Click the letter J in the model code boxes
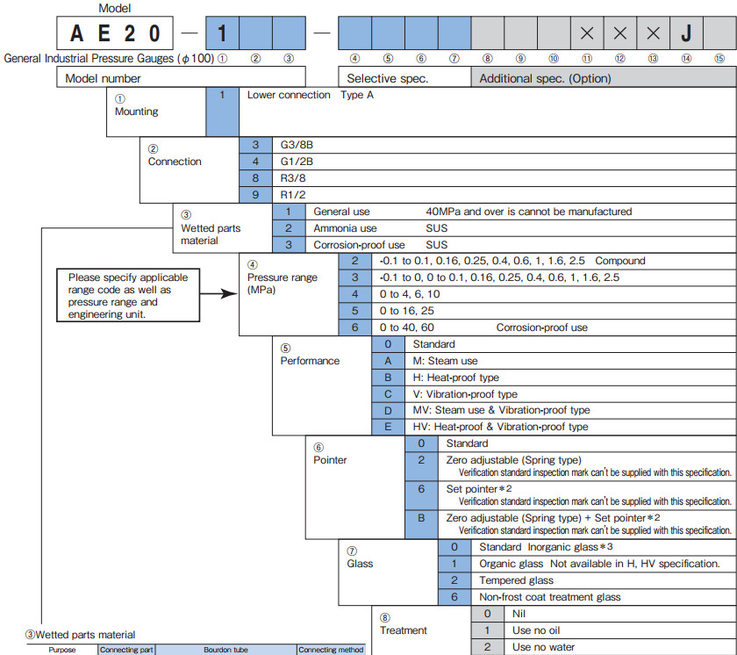point(686,33)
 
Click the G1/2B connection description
point(297,162)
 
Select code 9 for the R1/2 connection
point(255,195)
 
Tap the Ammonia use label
point(345,228)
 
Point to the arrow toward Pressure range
point(218,294)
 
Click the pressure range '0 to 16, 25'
point(406,311)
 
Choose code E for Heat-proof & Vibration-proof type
point(388,427)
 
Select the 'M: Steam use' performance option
point(445,361)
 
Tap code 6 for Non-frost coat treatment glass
point(454,597)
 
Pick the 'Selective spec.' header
point(387,78)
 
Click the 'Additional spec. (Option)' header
point(545,78)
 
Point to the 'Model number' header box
point(181,76)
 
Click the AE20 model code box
point(115,32)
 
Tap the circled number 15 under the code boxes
point(719,58)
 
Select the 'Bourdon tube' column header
point(225,650)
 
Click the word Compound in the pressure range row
point(620,261)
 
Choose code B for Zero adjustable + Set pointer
point(421,518)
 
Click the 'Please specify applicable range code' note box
point(128,295)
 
